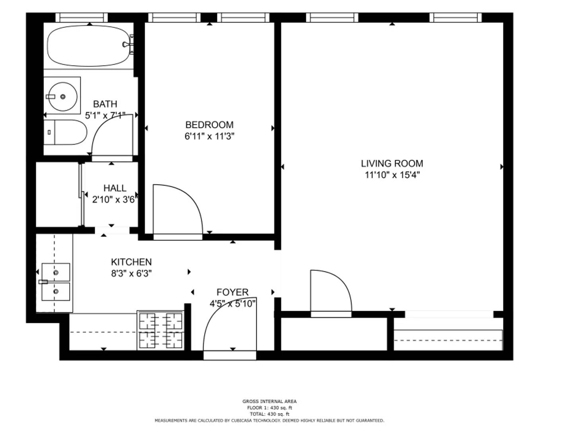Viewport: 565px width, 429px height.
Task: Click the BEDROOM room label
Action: (209, 125)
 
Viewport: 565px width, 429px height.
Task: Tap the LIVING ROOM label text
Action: (392, 164)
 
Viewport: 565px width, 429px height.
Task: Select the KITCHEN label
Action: (131, 262)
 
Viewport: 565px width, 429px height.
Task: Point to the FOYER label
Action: (233, 292)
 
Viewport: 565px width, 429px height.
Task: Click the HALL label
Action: (115, 188)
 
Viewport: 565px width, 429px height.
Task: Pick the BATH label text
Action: (105, 104)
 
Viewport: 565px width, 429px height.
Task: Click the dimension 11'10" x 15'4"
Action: (392, 175)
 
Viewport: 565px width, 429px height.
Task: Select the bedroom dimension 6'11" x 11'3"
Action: (209, 136)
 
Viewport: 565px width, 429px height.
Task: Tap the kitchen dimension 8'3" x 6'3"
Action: (131, 273)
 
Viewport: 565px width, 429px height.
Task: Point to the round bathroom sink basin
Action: (63, 97)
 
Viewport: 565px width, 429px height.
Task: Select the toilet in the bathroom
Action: (65, 132)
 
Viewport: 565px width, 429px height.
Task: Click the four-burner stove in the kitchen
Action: (161, 330)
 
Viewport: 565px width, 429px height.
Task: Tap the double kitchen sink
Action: (56, 282)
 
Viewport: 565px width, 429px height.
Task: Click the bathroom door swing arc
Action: (103, 126)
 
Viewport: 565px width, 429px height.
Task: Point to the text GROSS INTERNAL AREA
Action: (269, 401)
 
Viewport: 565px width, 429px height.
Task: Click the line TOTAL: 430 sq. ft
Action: (270, 414)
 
